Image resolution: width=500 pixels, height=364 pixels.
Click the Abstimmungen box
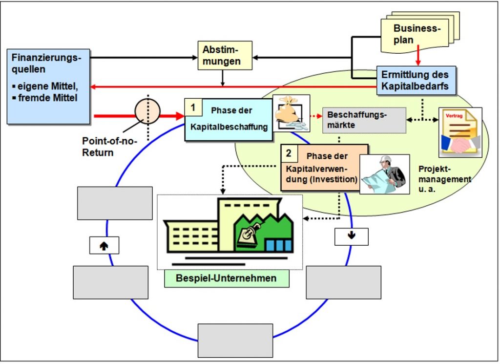225,55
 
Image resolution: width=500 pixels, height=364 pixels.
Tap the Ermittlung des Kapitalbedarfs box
416,81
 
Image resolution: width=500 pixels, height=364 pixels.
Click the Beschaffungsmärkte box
364,120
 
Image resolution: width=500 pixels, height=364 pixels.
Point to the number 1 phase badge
193,107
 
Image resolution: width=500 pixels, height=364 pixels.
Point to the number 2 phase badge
289,153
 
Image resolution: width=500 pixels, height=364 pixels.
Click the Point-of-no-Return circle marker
147,111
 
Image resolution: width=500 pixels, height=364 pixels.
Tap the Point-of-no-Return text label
109,147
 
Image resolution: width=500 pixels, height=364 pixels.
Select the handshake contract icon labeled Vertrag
460,132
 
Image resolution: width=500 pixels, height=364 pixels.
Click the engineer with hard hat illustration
385,174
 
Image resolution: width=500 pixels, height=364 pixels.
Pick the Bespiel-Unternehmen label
227,278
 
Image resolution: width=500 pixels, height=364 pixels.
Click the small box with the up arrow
104,245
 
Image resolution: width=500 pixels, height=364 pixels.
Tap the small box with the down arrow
352,236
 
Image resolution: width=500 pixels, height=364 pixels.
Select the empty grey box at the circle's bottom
235,341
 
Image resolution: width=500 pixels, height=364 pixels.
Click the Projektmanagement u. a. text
444,179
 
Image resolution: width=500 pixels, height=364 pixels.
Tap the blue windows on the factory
279,245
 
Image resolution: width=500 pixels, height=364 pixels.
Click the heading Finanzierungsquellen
46,63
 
